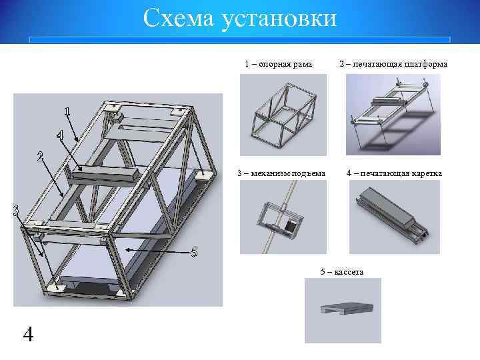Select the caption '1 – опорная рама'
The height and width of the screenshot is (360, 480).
[278, 64]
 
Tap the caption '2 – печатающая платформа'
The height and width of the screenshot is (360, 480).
[393, 64]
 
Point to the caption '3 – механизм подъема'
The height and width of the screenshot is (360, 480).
[281, 174]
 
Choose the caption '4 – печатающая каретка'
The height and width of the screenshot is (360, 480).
[394, 174]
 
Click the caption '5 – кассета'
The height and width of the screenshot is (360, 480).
[342, 271]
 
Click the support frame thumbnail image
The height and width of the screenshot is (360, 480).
[283, 114]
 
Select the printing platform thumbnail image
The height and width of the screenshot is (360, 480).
[393, 114]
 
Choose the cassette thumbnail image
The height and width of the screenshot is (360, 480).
[343, 311]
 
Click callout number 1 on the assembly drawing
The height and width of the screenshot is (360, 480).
[67, 111]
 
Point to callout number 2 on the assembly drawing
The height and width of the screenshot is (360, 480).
[41, 158]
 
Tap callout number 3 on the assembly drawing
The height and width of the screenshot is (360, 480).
[15, 211]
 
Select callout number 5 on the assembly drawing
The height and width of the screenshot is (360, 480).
[194, 252]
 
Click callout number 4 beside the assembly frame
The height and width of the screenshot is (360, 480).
[59, 135]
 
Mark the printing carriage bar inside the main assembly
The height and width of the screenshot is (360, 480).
[103, 175]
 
